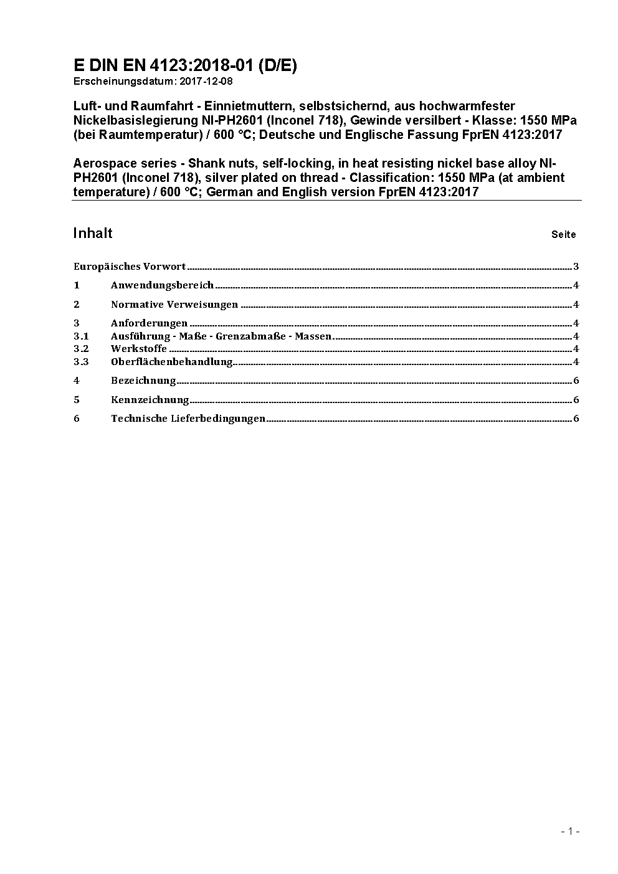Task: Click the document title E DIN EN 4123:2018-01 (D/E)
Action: click(x=185, y=66)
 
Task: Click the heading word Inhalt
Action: click(x=93, y=233)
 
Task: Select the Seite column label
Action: click(x=563, y=235)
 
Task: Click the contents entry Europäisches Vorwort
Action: click(x=130, y=267)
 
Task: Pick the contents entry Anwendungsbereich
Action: click(x=162, y=285)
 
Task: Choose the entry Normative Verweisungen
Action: click(x=174, y=305)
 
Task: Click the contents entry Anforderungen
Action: click(x=149, y=323)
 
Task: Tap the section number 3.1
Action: click(x=81, y=336)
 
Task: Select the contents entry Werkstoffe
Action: click(x=139, y=349)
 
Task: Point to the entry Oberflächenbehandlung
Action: click(x=171, y=362)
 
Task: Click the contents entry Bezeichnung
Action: click(x=143, y=381)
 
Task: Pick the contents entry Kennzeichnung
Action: click(x=150, y=400)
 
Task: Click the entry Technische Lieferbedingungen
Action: click(x=188, y=419)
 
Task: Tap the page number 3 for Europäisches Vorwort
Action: click(x=576, y=267)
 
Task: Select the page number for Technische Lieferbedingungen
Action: click(x=576, y=419)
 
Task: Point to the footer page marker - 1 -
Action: click(x=570, y=831)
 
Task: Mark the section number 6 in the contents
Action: click(x=77, y=419)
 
